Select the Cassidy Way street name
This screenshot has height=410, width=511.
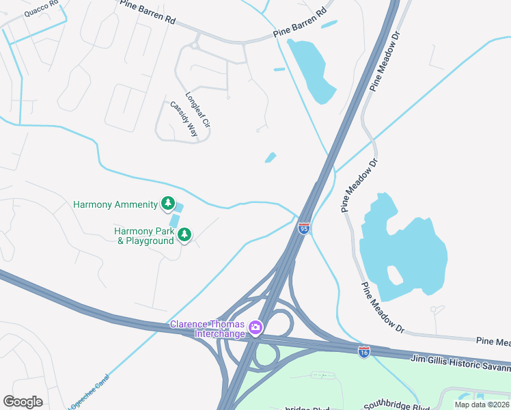(184, 120)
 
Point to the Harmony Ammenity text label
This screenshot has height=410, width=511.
(115, 204)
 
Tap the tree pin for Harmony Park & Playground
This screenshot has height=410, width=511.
(184, 235)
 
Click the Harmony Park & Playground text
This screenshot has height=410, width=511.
(144, 236)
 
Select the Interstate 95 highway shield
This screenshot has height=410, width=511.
(304, 228)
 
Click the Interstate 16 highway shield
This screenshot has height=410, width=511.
(364, 352)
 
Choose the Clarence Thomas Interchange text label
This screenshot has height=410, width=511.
(208, 329)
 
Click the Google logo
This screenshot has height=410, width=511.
(23, 402)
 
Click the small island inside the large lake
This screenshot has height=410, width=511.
(394, 274)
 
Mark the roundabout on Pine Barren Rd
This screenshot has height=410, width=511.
(194, 46)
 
